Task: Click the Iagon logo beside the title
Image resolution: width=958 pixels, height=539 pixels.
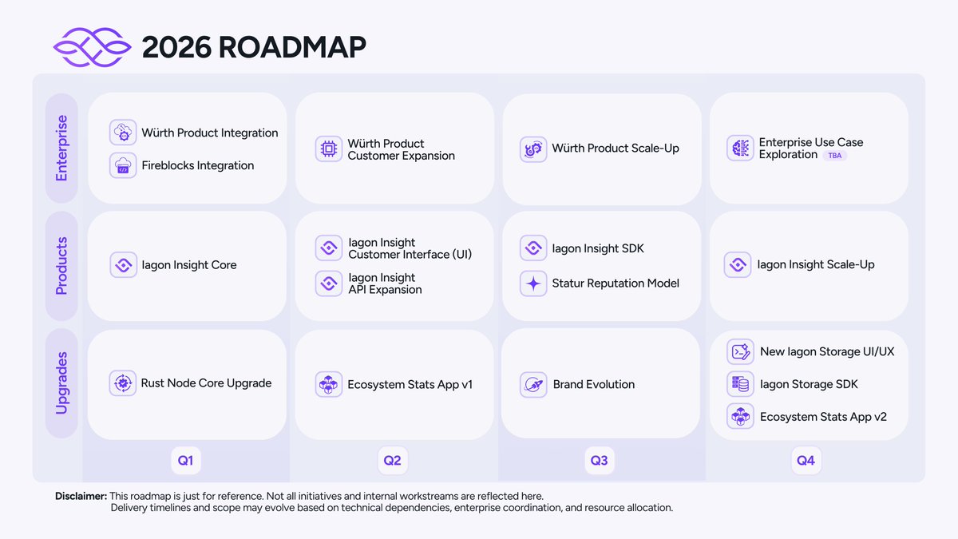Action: pos(91,47)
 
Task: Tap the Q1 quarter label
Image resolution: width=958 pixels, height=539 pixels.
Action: pos(185,460)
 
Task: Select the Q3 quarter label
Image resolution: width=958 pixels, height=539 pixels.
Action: pos(599,460)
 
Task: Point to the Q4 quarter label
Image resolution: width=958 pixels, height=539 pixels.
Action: pos(806,460)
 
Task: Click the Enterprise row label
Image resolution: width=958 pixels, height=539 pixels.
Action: pos(61,148)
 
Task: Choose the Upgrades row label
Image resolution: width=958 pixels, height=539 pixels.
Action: pos(61,383)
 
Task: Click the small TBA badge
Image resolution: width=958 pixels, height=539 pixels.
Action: pos(834,156)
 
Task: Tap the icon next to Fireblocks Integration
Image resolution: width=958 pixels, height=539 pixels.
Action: pos(123,165)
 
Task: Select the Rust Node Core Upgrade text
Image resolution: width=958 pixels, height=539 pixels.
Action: pos(206,383)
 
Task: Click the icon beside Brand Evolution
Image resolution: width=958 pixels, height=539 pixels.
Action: pos(533,384)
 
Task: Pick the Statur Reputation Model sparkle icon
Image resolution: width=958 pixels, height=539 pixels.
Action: pos(533,283)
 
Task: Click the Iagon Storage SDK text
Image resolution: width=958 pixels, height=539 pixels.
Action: pos(809,384)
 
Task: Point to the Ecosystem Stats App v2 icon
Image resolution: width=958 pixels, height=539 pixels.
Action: pos(741,417)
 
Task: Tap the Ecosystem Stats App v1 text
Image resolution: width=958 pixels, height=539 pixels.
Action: pos(410,384)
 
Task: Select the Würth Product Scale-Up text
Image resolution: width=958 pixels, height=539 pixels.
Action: pos(616,149)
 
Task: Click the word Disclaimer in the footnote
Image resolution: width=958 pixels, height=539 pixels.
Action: pos(81,496)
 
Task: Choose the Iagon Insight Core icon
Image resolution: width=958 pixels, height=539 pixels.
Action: pos(123,265)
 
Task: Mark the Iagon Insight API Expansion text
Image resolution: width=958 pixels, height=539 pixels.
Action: pos(385,283)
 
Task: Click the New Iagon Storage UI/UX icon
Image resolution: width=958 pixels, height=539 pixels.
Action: pos(741,351)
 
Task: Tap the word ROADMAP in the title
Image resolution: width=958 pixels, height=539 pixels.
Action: pos(291,47)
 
